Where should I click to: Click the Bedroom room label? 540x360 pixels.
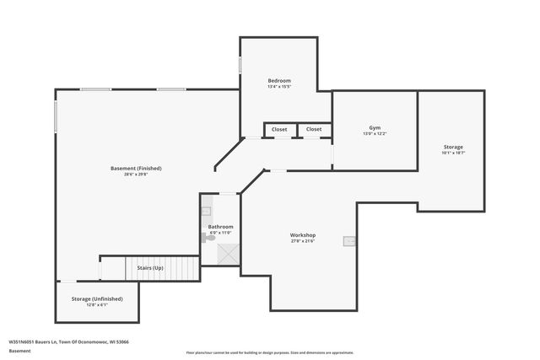coord(278,79)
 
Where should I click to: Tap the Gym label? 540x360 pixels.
coord(375,127)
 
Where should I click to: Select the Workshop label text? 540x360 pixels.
coord(303,234)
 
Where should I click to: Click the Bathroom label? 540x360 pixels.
coord(220,227)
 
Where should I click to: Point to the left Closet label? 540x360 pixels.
coord(279,129)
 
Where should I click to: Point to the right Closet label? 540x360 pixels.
coord(314,129)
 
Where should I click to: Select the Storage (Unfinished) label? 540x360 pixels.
coord(97,298)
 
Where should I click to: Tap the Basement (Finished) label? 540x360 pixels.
coord(136,168)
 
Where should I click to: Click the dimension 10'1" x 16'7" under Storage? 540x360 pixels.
coord(452,153)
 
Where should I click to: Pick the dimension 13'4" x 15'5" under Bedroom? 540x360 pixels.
coord(278,86)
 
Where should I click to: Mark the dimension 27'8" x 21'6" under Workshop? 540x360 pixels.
coord(303,241)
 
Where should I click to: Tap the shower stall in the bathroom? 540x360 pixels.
coord(228,253)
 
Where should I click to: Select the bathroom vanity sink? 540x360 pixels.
coord(206,211)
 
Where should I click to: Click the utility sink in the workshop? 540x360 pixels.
coord(348,241)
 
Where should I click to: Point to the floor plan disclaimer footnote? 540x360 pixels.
coord(270,352)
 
